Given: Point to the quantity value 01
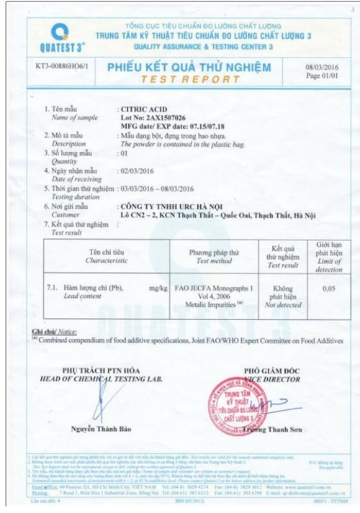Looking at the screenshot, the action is click(123, 153).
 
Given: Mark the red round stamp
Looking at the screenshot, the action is click(235, 407).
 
